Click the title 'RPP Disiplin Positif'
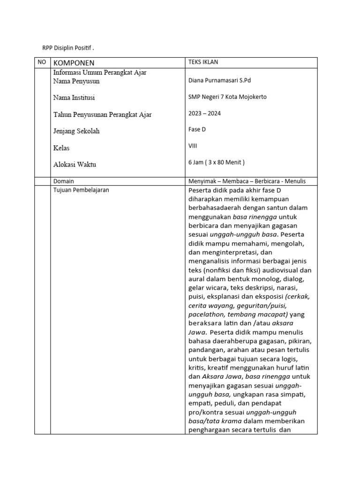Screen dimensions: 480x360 point(68,48)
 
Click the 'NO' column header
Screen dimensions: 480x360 point(42,62)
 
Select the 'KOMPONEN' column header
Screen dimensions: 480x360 point(74,63)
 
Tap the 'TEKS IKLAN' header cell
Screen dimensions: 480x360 point(203,62)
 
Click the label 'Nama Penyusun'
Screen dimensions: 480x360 point(76,81)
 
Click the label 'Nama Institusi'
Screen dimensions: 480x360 point(75,98)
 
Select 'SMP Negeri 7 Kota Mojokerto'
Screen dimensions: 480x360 point(227,97)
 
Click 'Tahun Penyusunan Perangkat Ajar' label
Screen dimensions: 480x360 point(103,115)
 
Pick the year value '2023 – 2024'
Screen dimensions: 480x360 point(204,113)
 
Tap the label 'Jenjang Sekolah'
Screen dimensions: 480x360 point(76,131)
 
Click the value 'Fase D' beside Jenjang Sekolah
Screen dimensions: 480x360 point(197,129)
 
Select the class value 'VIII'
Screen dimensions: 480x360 point(193,146)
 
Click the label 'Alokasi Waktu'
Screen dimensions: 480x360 point(75,165)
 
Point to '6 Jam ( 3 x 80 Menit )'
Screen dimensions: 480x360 point(217,163)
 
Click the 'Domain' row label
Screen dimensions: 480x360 point(64,181)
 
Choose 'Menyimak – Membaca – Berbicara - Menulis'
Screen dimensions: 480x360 point(247,181)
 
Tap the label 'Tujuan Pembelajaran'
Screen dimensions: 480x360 point(82,190)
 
